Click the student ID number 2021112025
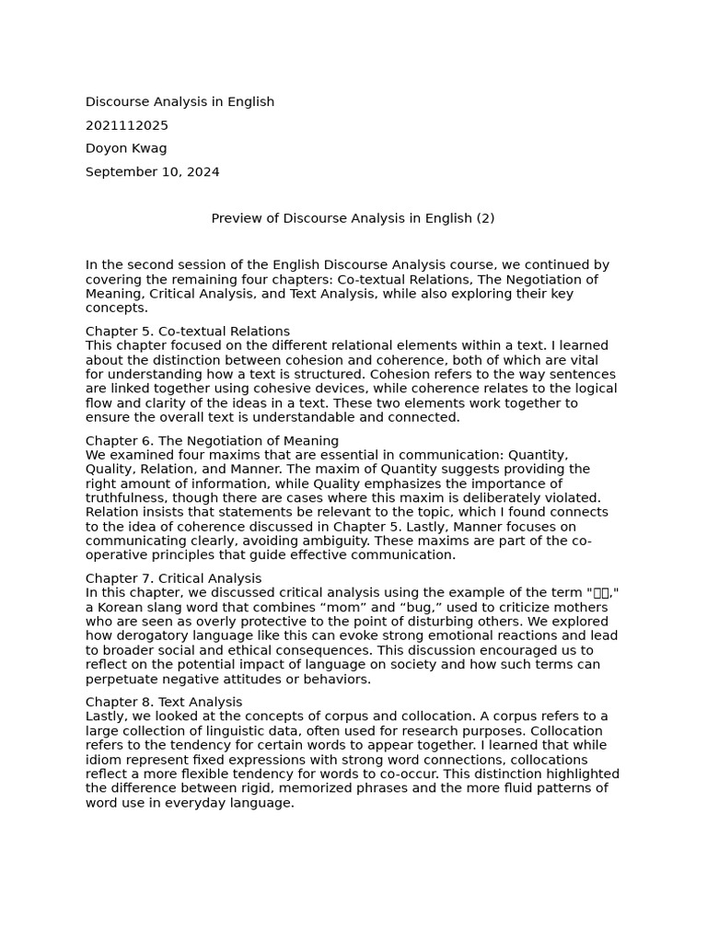point(127,125)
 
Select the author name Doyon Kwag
point(126,148)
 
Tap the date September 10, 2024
point(153,172)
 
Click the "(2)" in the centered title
point(485,218)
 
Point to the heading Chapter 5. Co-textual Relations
point(188,332)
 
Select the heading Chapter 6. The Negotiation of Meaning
point(212,441)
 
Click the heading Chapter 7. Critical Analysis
point(174,578)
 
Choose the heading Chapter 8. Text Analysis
point(164,702)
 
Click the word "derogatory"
point(152,635)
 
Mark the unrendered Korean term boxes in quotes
point(601,593)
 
